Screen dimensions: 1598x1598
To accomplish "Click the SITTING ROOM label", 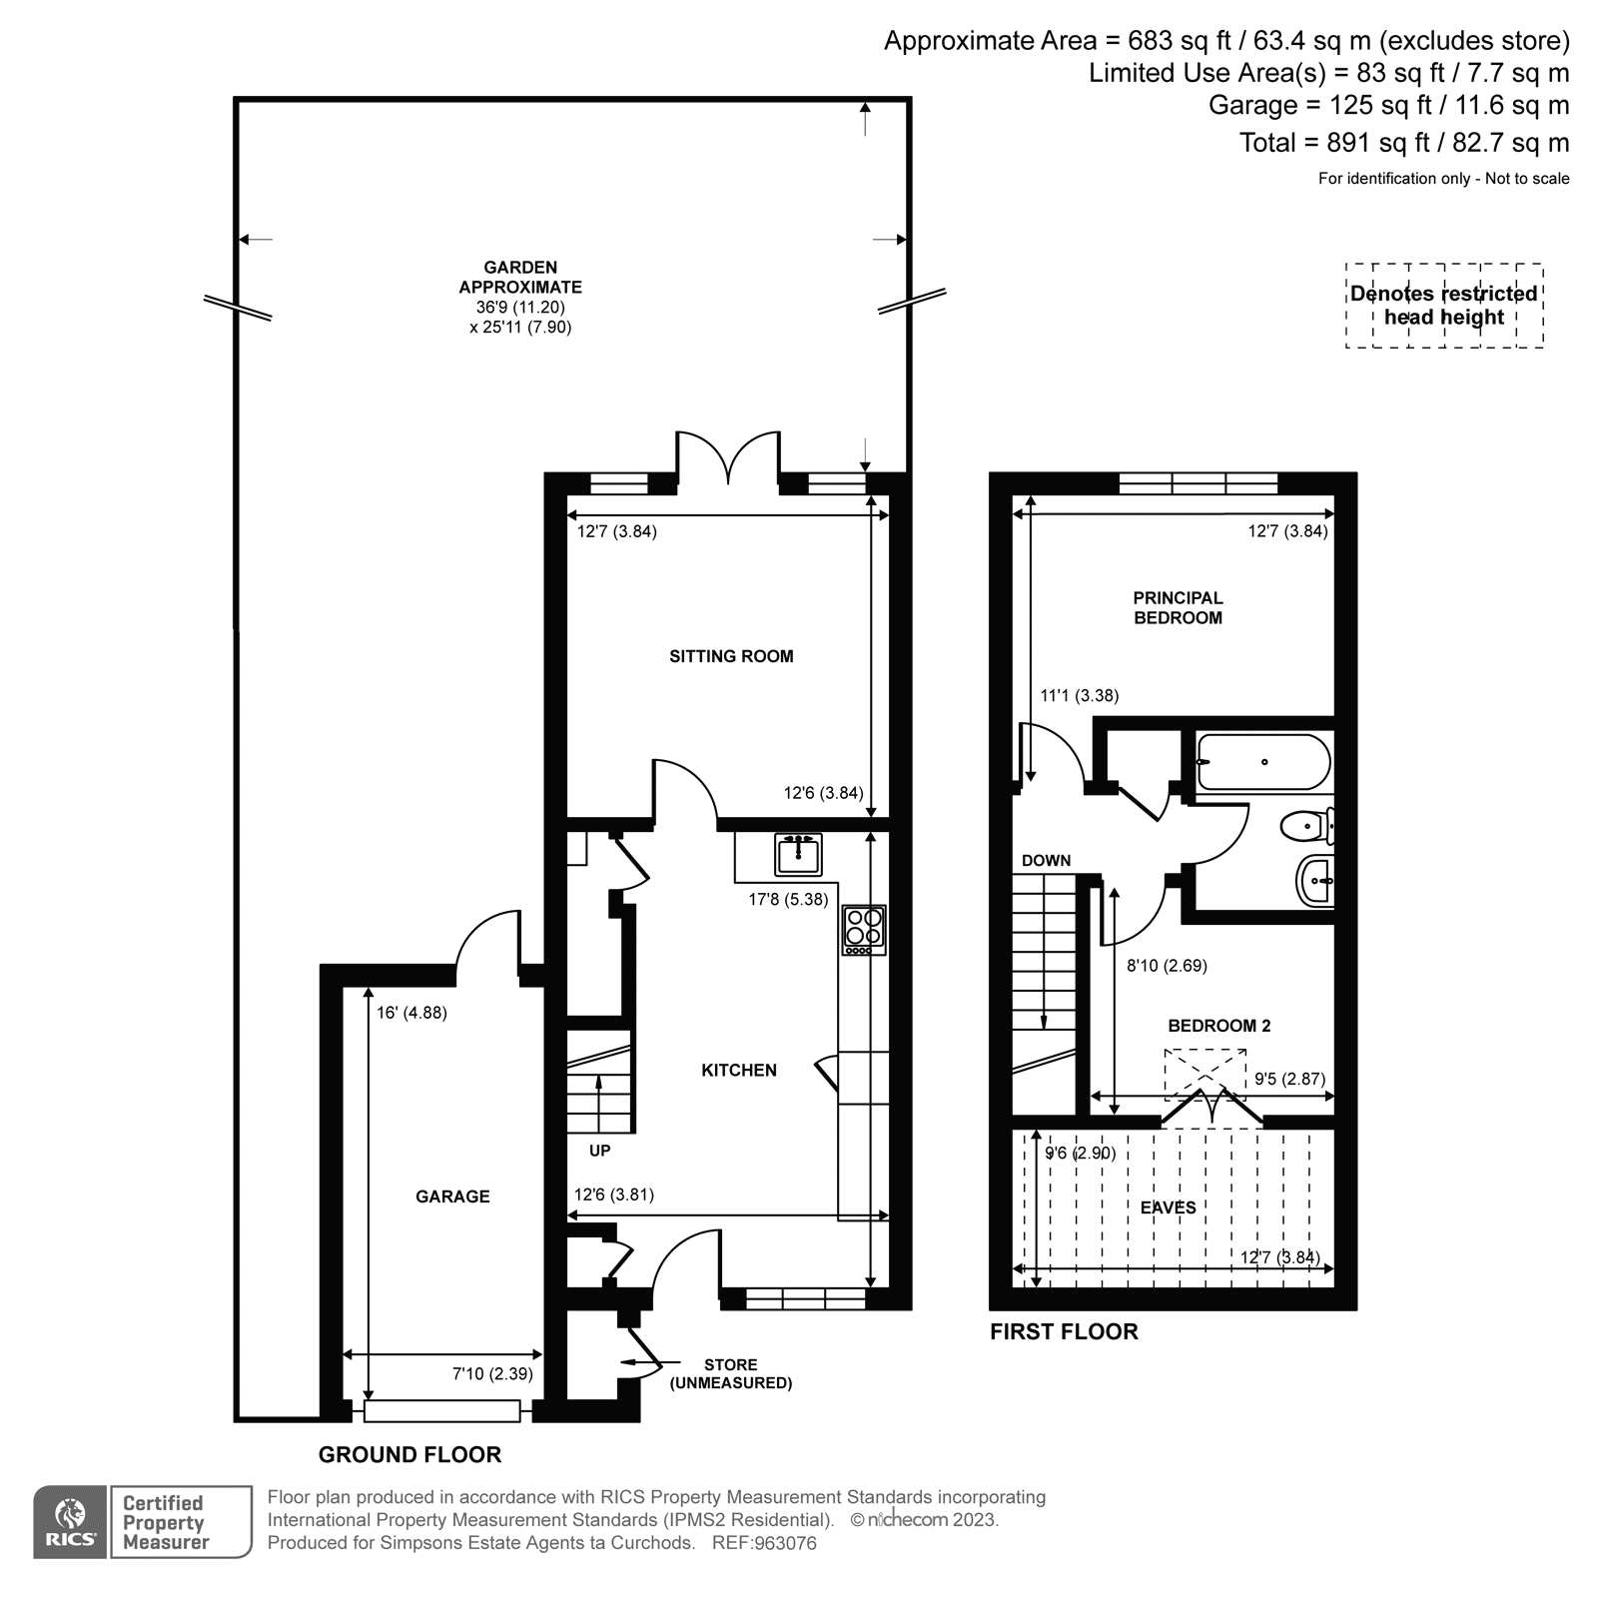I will (x=731, y=656).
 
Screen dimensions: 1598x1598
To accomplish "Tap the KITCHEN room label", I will (x=738, y=1070).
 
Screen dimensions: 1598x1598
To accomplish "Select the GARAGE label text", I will (x=452, y=1196).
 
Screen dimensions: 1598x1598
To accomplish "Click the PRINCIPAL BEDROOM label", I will (x=1178, y=607).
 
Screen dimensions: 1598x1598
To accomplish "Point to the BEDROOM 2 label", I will (x=1218, y=1026).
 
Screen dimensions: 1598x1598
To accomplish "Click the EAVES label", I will (x=1168, y=1206).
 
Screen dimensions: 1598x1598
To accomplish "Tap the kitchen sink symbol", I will (x=798, y=856).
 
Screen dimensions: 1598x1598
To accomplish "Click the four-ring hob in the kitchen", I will (x=864, y=929).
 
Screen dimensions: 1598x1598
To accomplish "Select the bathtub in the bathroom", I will (x=1263, y=762).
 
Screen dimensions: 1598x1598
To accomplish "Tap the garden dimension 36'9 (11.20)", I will (x=519, y=308).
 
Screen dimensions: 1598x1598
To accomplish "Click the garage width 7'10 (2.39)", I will (x=492, y=1373).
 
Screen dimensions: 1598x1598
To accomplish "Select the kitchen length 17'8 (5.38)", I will (x=788, y=899).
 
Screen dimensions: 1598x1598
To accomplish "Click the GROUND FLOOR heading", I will (x=409, y=1454).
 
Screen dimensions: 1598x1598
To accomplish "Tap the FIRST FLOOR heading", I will (x=1064, y=1331).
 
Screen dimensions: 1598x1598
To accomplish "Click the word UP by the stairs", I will (x=599, y=1151).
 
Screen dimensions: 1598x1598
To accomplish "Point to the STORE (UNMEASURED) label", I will (x=730, y=1373).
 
